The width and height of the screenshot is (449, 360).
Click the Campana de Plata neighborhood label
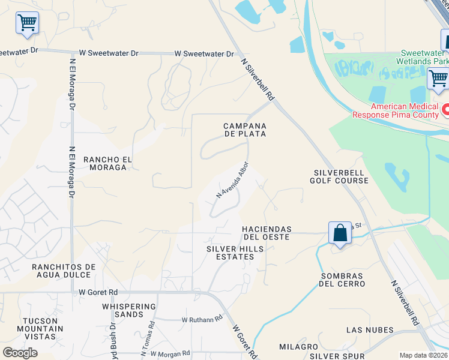(x=244, y=130)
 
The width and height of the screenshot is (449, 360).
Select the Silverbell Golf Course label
(x=339, y=176)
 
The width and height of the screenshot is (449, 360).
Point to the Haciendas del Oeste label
(x=266, y=233)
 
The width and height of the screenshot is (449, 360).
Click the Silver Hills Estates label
(x=230, y=253)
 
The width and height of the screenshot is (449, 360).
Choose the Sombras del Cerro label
(x=343, y=280)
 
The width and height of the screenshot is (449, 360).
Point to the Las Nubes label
(x=370, y=330)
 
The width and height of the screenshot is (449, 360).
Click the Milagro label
(x=298, y=347)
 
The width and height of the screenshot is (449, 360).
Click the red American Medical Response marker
(x=445, y=110)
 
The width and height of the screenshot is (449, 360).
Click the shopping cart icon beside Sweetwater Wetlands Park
(x=438, y=79)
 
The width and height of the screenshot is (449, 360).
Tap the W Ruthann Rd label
(x=202, y=319)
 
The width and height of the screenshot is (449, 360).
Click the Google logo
(x=20, y=353)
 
